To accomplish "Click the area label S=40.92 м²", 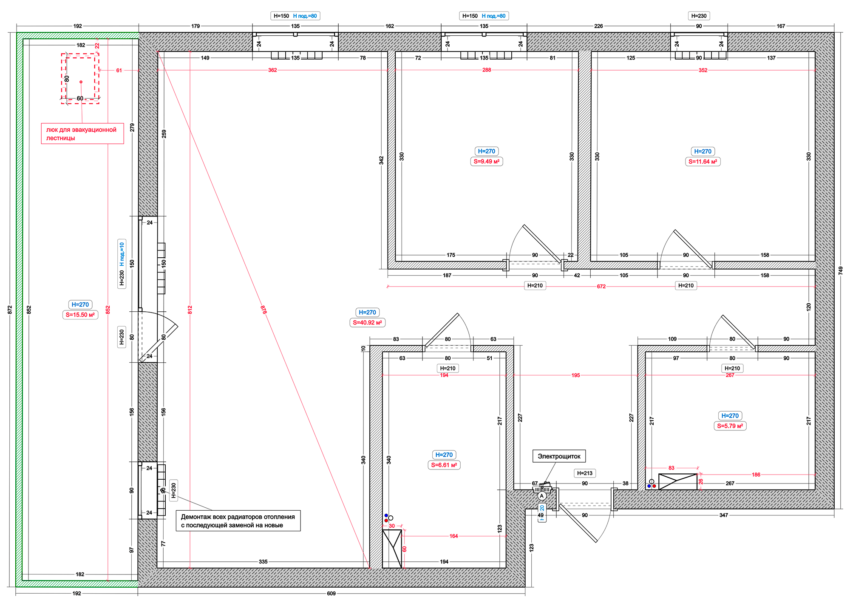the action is pyautogui.click(x=367, y=322).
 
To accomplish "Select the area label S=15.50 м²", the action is pyautogui.click(x=80, y=315).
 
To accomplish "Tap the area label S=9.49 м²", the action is pyautogui.click(x=486, y=161).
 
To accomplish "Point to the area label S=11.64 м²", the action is pyautogui.click(x=703, y=162).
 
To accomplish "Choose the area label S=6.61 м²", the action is pyautogui.click(x=444, y=465).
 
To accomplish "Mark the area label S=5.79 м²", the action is pyautogui.click(x=730, y=426).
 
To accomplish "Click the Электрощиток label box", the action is pyautogui.click(x=559, y=456).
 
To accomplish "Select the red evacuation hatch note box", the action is pyautogui.click(x=82, y=134).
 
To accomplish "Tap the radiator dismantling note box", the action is pyautogui.click(x=238, y=521).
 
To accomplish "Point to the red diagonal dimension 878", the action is pyautogui.click(x=263, y=310).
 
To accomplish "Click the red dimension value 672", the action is pyautogui.click(x=601, y=287).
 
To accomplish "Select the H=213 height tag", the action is pyautogui.click(x=584, y=473).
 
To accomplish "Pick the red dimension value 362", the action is pyautogui.click(x=272, y=70).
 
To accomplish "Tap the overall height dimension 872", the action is pyautogui.click(x=10, y=310).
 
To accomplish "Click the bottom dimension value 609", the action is pyautogui.click(x=331, y=593).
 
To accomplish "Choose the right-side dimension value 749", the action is pyautogui.click(x=840, y=270).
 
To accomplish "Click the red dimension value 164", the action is pyautogui.click(x=453, y=536).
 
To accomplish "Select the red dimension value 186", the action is pyautogui.click(x=756, y=475).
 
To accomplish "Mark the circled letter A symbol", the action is pyautogui.click(x=541, y=496).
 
